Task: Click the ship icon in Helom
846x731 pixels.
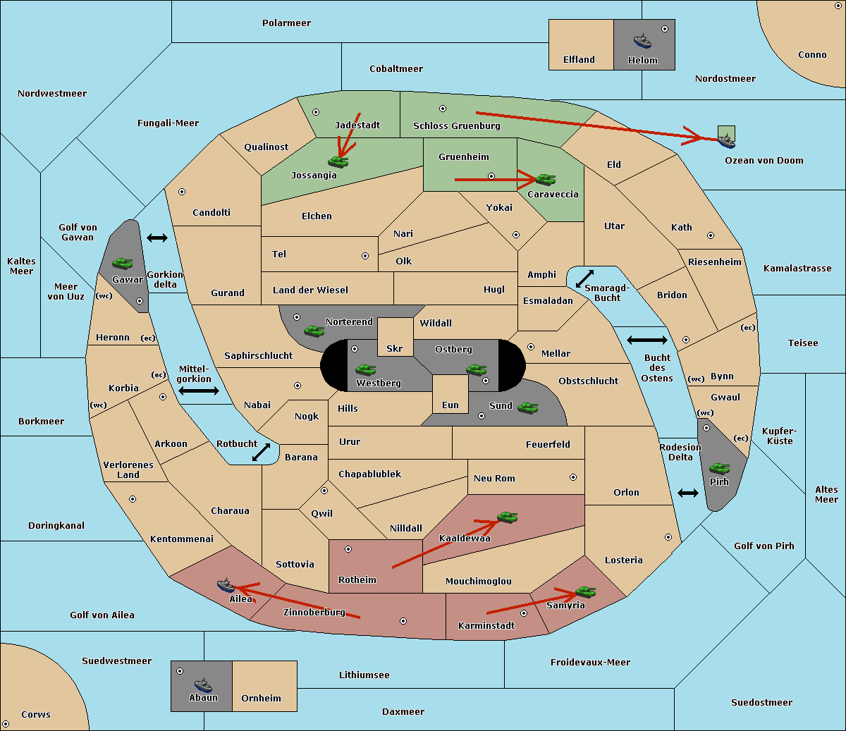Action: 642,41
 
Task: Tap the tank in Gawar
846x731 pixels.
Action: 123,263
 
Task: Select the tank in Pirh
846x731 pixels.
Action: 719,468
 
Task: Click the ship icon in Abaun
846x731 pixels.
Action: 203,684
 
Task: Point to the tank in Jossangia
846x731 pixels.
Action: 338,161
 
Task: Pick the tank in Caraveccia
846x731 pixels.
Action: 545,179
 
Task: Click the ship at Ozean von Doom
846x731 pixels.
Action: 726,141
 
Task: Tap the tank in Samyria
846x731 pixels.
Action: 585,591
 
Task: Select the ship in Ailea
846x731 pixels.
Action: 226,585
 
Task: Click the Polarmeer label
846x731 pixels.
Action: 286,23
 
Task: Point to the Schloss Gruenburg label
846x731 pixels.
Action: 456,125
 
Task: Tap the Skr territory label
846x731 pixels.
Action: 394,348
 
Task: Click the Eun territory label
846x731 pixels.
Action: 450,405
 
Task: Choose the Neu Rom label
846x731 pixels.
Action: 494,478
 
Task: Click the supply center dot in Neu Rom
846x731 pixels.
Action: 573,477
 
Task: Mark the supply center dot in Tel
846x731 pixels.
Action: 365,256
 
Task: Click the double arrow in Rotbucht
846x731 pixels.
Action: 261,452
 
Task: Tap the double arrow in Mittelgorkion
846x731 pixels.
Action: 199,391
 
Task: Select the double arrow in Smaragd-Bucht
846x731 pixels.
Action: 584,278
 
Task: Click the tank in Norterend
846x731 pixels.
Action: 314,331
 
